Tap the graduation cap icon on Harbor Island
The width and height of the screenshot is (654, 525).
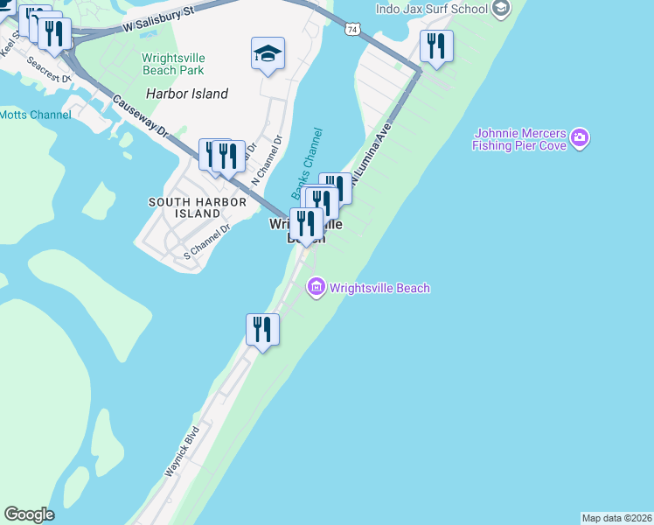[x=268, y=54]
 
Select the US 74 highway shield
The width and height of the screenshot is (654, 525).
[x=351, y=29]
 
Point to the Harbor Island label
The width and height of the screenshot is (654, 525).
[x=187, y=94]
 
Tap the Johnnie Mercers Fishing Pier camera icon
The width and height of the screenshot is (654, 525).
[x=579, y=138]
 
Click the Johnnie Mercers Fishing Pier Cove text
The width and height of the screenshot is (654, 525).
[x=519, y=140]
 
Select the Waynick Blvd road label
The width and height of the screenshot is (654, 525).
[x=183, y=451]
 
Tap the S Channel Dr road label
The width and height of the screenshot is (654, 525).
[x=206, y=241]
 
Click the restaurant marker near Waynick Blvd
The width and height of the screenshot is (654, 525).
[x=262, y=330]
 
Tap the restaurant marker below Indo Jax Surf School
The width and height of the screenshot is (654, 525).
[x=436, y=46]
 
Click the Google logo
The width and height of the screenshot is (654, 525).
[x=29, y=514]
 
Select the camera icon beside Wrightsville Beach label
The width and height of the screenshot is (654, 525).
[x=316, y=287]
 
